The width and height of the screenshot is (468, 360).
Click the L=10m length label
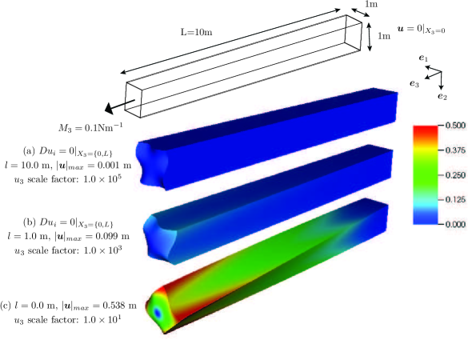click(x=196, y=32)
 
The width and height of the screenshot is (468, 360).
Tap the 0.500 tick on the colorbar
click(x=455, y=126)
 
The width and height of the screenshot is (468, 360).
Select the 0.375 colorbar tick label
click(x=455, y=150)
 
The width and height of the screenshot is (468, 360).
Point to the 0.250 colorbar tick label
click(x=455, y=175)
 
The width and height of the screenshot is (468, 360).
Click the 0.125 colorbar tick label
click(x=455, y=199)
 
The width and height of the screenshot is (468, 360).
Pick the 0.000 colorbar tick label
click(x=455, y=224)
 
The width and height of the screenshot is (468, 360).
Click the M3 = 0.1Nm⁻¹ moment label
click(x=90, y=127)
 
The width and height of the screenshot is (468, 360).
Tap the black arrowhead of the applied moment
click(x=110, y=108)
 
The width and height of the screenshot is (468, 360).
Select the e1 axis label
click(x=423, y=58)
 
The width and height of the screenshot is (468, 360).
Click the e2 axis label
click(x=442, y=96)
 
